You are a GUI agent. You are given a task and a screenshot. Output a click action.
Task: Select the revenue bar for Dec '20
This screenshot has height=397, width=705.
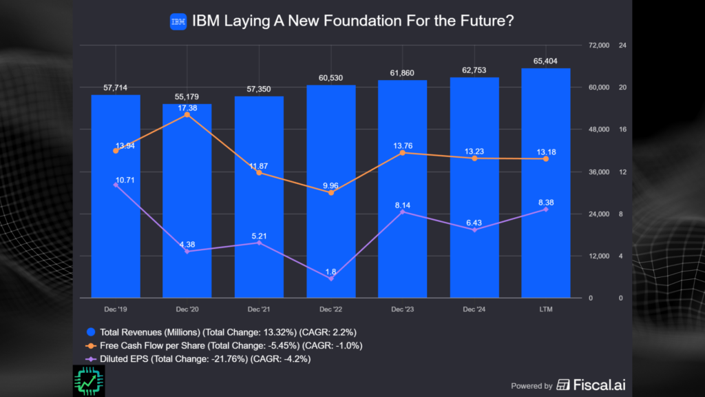187,207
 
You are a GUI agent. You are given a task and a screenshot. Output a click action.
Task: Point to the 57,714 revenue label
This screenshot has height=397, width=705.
116,88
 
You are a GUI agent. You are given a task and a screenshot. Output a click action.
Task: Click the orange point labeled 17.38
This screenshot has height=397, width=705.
187,114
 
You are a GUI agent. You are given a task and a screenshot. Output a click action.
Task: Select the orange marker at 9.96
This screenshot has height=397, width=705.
331,193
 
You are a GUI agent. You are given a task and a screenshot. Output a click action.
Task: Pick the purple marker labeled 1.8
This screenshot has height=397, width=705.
331,278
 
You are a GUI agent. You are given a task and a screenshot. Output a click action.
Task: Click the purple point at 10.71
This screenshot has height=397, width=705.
116,185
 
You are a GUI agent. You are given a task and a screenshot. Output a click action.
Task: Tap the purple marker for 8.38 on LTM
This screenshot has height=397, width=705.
546,210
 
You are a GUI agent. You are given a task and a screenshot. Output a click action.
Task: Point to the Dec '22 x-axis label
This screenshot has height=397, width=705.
331,309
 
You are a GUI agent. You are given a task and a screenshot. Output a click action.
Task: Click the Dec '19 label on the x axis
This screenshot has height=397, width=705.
116,309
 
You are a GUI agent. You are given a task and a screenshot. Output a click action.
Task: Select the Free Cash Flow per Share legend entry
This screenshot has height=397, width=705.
224,345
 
